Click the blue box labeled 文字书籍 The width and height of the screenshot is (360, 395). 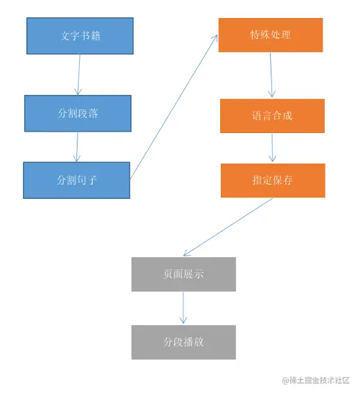coord(80,36)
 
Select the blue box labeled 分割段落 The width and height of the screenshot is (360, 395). coord(78,113)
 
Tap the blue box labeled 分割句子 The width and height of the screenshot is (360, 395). coord(76,180)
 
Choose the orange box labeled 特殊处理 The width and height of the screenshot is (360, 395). coord(271,35)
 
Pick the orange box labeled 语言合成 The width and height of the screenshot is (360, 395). coord(272,116)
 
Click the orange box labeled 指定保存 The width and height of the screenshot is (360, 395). coord(273,180)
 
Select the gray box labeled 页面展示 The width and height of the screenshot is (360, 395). coord(183,274)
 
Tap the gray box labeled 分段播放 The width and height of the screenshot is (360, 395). coord(183,342)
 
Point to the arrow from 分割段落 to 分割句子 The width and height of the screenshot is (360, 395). coord(77,147)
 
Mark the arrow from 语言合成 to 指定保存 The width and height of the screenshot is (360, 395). coord(273,148)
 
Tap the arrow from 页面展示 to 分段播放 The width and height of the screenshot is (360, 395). coord(183,308)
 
